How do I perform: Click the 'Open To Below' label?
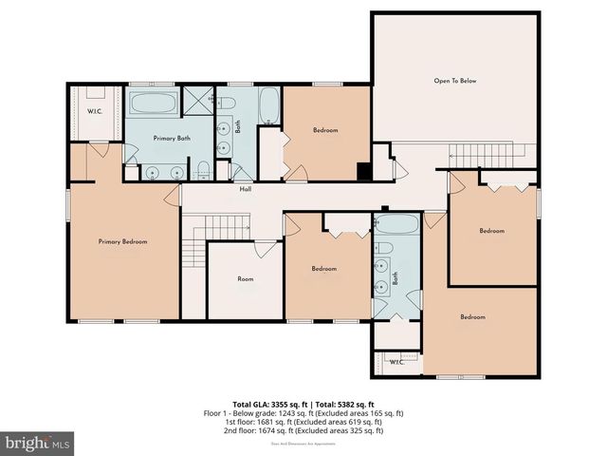click(455, 81)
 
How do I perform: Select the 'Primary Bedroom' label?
click(122, 241)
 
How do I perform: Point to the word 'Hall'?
click(245, 188)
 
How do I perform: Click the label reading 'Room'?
click(245, 279)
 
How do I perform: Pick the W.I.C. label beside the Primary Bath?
click(95, 112)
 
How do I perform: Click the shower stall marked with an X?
click(198, 100)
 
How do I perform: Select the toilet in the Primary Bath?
click(203, 170)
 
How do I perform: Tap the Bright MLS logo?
click(38, 443)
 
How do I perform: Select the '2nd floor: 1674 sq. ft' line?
click(304, 430)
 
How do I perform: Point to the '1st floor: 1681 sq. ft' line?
click(304, 422)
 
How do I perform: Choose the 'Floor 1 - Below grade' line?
click(304, 413)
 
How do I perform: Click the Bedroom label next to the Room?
click(324, 269)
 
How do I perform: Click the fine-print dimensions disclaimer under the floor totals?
click(304, 442)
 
